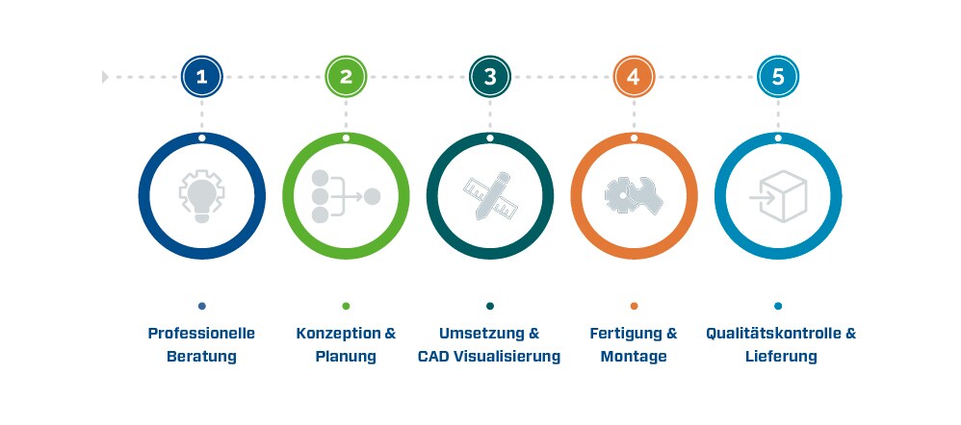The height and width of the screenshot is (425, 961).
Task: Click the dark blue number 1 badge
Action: (x=201, y=77)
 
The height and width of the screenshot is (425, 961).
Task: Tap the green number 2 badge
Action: (x=346, y=77)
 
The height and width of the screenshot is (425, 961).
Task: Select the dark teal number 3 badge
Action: (x=490, y=77)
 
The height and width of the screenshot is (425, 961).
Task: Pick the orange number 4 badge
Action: (x=634, y=77)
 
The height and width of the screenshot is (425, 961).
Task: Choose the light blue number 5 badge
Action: (x=778, y=77)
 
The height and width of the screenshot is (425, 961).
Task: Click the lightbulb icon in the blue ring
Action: (x=201, y=196)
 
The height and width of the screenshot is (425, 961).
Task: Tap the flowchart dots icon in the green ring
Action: (x=346, y=196)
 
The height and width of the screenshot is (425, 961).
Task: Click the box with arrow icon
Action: (x=778, y=196)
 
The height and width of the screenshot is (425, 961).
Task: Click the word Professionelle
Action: (x=201, y=334)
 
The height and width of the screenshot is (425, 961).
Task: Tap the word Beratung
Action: (x=201, y=357)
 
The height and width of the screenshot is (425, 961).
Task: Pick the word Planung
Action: (x=346, y=357)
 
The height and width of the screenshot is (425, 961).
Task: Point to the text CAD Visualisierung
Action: (x=489, y=357)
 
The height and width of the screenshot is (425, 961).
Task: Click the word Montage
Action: (x=634, y=357)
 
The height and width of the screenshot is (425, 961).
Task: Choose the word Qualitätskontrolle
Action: (x=773, y=334)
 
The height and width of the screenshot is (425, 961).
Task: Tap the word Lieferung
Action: (x=782, y=357)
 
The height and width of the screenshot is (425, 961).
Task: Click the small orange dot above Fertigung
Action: (x=634, y=306)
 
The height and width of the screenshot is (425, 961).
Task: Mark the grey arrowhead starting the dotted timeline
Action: (x=105, y=77)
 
